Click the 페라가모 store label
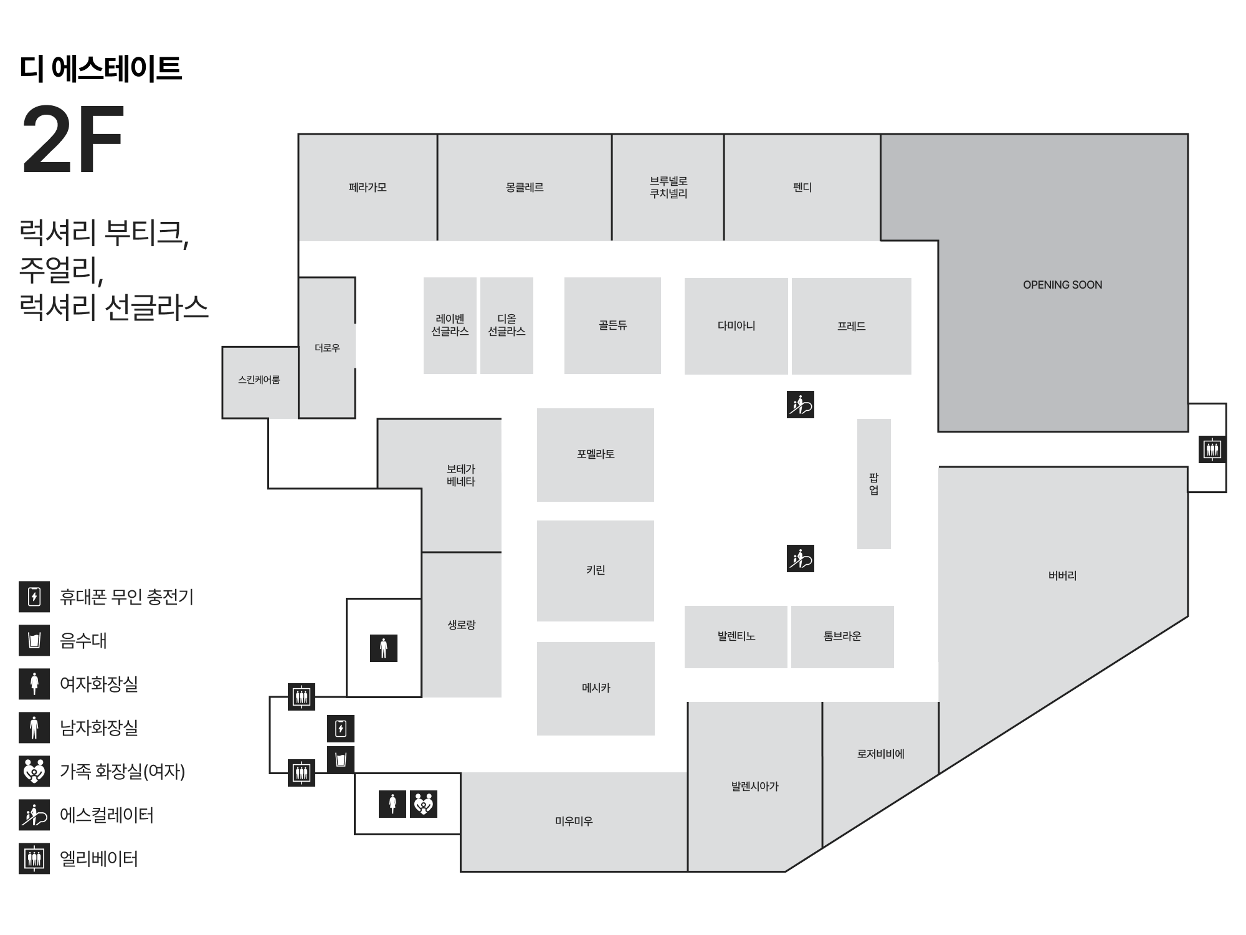368,187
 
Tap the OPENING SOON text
1062,285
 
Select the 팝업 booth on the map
873,484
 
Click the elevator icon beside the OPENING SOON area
1212,449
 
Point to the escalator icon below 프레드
801,405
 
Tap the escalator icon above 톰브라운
801,559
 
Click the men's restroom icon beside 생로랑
384,648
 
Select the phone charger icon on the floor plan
341,729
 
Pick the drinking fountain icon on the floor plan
341,760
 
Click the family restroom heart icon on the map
424,804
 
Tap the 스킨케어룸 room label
259,380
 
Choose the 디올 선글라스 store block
506,325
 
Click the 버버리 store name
1062,575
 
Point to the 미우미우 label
574,822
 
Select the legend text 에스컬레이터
107,815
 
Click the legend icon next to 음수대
34,641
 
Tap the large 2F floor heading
73,140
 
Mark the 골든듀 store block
612,325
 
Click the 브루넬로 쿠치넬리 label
668,187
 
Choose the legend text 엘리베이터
99,859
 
